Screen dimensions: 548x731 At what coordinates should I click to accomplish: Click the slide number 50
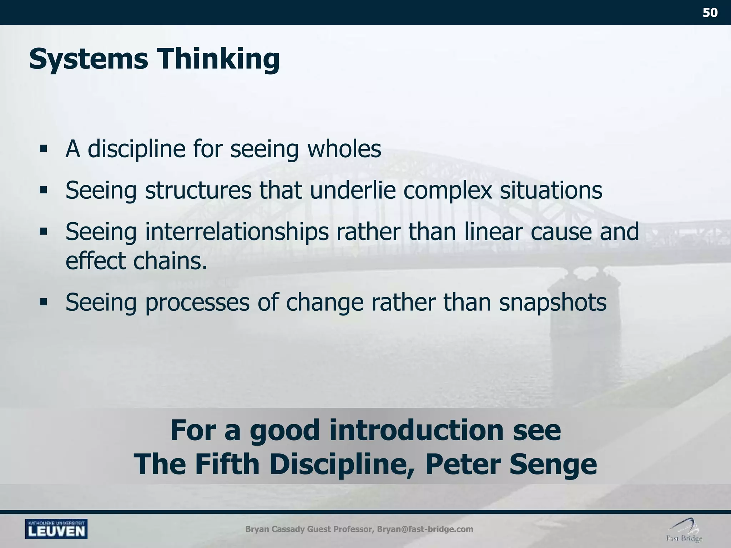point(710,13)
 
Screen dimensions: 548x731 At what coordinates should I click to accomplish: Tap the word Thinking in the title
point(219,59)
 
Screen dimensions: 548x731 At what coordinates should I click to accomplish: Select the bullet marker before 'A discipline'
point(44,148)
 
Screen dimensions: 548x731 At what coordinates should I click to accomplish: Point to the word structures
point(198,190)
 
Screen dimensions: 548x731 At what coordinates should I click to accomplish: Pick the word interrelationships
point(237,232)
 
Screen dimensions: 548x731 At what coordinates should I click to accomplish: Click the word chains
point(170,261)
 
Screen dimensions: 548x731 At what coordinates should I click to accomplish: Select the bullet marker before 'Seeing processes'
point(44,303)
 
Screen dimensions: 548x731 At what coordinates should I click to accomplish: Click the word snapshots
point(553,303)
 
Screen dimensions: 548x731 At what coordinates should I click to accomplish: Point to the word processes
point(197,303)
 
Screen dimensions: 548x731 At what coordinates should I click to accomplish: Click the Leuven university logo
point(56,528)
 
